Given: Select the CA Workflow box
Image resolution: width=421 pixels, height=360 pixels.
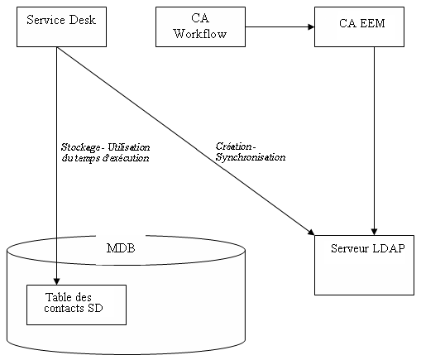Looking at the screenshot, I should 199,26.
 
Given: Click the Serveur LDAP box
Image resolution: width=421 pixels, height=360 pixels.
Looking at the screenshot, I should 364,264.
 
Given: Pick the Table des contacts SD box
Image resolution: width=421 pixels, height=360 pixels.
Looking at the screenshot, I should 76,305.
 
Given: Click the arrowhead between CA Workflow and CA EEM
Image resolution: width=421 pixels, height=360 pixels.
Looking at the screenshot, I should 310,26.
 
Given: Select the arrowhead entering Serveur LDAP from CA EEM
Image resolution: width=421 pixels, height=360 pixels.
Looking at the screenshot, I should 375,230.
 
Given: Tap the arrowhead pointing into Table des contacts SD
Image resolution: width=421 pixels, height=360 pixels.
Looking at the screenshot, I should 56,281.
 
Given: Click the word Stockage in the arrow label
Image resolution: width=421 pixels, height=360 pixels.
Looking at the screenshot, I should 79,146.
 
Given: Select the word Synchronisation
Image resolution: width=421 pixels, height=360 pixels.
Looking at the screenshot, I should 251,156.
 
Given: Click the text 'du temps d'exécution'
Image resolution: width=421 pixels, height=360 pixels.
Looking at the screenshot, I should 105,156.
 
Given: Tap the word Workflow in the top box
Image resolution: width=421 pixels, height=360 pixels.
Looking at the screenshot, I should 199,33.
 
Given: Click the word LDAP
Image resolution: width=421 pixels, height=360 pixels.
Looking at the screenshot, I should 387,249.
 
